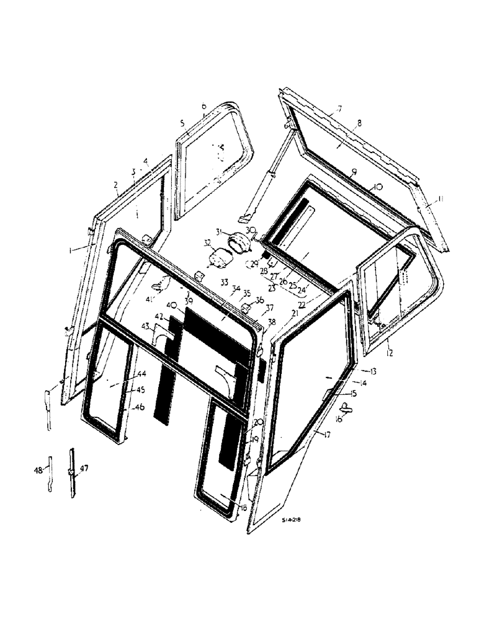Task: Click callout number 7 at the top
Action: click(x=339, y=110)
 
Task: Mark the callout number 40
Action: click(x=171, y=304)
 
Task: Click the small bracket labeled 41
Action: click(x=161, y=284)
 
